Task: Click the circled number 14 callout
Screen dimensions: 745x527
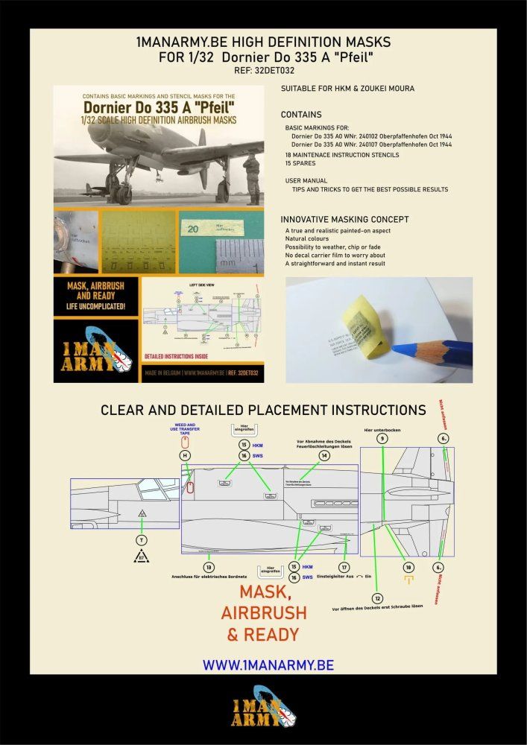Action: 324,455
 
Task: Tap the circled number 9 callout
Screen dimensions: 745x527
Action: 382,440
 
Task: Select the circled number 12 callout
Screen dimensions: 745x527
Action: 378,597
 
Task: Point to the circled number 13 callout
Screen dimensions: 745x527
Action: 209,567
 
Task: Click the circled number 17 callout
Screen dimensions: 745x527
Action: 344,567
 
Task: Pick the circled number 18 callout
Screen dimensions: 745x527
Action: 407,567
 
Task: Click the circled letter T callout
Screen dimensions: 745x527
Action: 142,539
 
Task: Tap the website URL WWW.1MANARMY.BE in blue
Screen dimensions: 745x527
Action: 268,665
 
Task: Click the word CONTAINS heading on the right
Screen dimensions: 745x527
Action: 301,115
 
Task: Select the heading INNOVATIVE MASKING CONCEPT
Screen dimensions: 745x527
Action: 344,219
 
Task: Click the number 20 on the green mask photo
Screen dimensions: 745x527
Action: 192,230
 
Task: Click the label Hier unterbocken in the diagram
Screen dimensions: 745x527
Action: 382,428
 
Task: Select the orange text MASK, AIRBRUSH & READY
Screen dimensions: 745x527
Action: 262,612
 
